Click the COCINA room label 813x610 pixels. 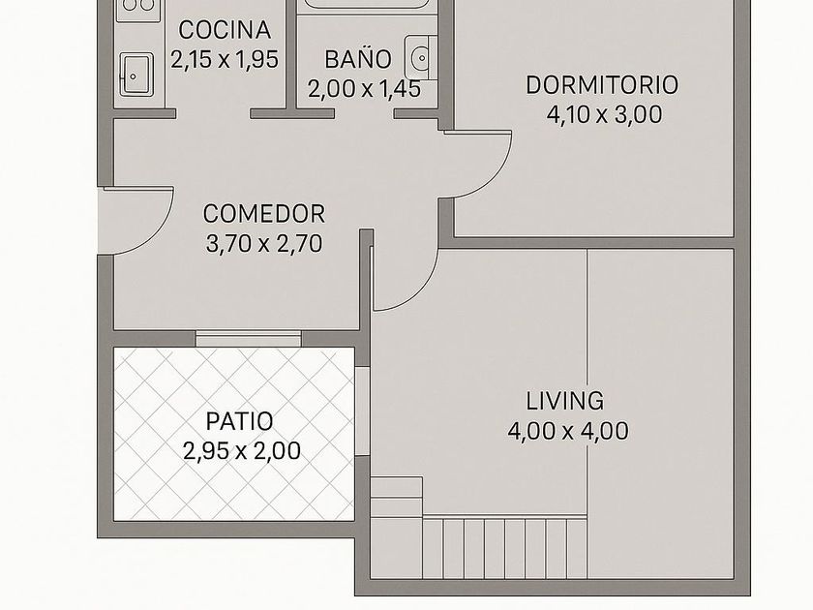click(x=225, y=30)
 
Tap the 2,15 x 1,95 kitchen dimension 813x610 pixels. click(x=225, y=60)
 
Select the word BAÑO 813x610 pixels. click(x=358, y=58)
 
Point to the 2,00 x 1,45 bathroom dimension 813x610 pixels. click(x=364, y=89)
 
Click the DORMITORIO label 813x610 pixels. click(x=602, y=85)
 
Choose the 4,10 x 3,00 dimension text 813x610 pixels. click(x=605, y=114)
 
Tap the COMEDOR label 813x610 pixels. click(x=264, y=214)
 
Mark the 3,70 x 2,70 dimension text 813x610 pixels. click(x=264, y=243)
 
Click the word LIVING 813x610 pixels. click(x=565, y=401)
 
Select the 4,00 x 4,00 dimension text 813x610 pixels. click(x=568, y=431)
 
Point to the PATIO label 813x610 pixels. click(x=240, y=421)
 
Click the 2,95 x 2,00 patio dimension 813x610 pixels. click(x=242, y=451)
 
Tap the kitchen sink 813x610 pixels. click(x=136, y=75)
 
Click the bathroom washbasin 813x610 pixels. click(x=421, y=57)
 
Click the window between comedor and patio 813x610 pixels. click(x=249, y=338)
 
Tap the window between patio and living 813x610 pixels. click(x=362, y=412)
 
